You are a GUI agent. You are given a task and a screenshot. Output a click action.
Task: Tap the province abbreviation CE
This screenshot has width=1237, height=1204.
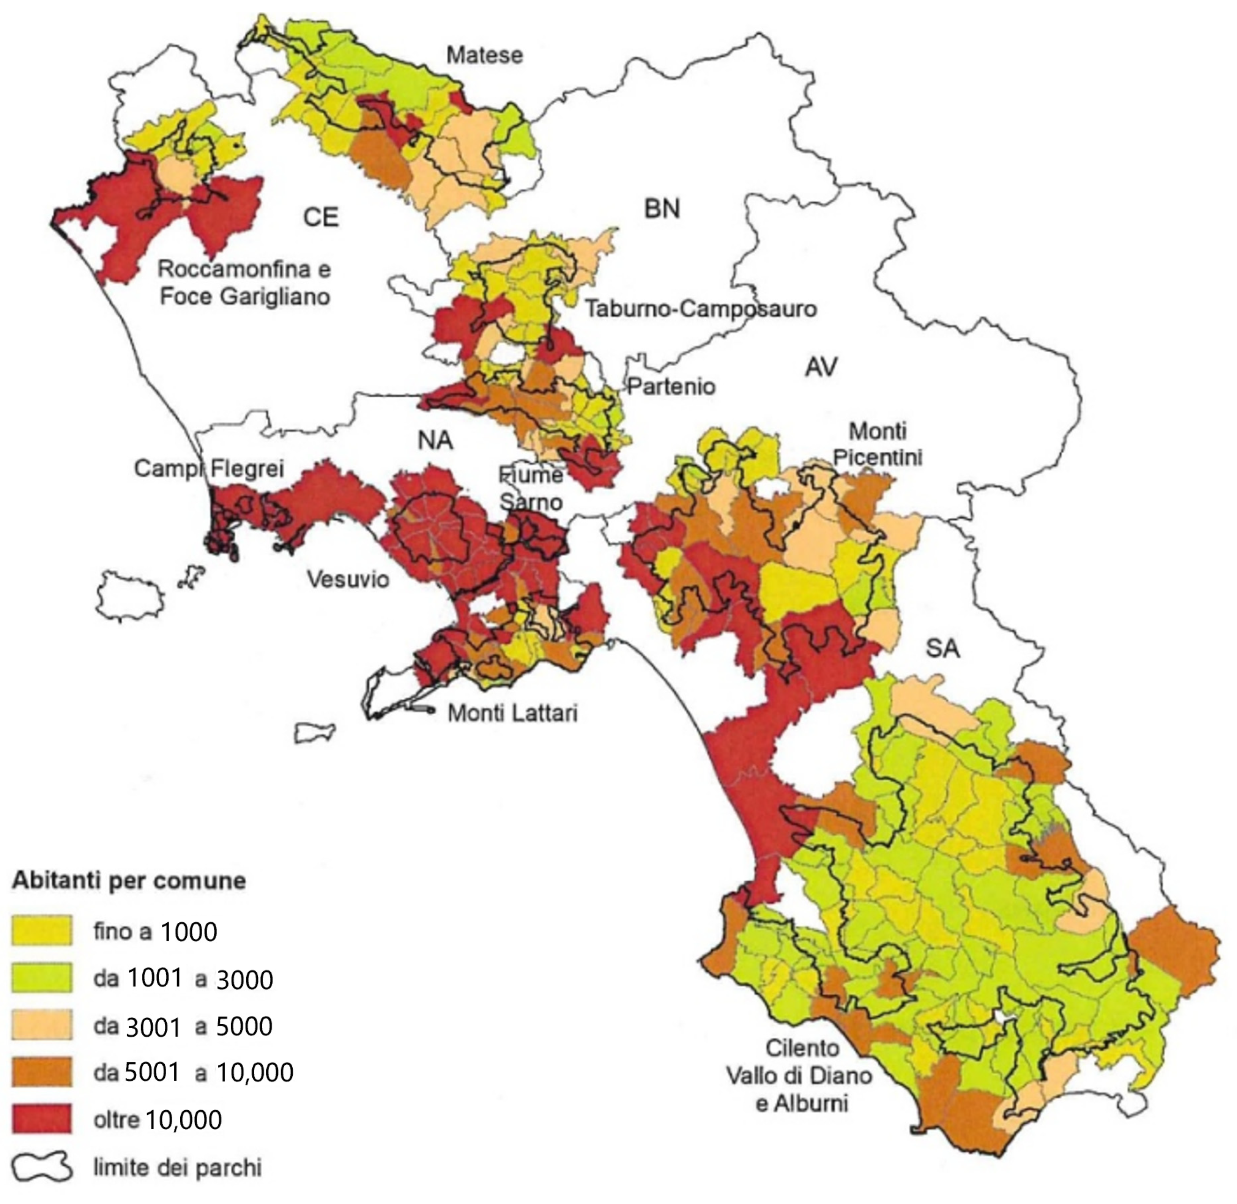pos(321,217)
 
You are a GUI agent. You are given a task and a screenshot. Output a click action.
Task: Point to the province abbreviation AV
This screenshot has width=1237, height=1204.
pos(821,367)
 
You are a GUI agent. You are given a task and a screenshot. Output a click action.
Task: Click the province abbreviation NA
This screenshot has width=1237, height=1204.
pos(435,440)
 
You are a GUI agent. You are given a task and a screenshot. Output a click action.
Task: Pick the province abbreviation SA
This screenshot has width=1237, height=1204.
pos(942,648)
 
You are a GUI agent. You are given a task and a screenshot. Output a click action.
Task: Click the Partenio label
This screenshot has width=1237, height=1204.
pos(671,386)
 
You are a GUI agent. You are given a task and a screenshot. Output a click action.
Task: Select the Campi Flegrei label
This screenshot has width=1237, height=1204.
pos(209,468)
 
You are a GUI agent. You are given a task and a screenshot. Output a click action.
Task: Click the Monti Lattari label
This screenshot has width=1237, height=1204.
pos(512,713)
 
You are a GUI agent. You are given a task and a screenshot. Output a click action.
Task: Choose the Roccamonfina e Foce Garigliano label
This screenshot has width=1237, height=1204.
pos(244,283)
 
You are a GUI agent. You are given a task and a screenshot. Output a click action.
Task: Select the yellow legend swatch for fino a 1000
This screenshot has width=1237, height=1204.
pos(42,930)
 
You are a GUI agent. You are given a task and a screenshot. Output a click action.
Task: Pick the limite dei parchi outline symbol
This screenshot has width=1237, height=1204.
pos(42,1167)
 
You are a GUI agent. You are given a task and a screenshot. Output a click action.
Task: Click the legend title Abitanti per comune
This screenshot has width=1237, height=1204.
pos(129,880)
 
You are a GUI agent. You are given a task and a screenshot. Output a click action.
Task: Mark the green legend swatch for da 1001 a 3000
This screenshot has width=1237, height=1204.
pos(42,978)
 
